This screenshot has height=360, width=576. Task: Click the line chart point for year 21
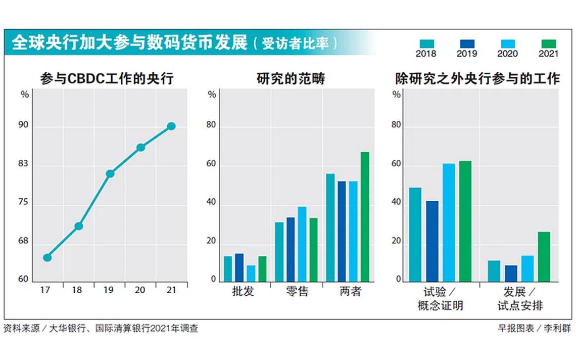coord(171,126)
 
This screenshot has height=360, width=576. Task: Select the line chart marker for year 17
coord(47,257)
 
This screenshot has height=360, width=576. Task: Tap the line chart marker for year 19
coord(110,173)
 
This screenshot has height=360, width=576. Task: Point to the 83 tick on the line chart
coord(23,165)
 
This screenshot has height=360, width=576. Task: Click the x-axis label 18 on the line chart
coord(78,290)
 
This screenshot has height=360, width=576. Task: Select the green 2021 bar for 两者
coord(365,216)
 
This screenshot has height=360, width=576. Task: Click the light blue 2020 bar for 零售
coord(302,244)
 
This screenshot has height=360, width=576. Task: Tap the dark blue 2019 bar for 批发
coord(239,267)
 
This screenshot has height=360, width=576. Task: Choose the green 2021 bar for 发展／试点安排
coord(544,256)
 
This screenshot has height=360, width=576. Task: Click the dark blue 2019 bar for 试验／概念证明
coord(432,241)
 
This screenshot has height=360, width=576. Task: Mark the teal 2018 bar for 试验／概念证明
coord(415,234)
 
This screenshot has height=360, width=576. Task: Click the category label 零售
coord(297,292)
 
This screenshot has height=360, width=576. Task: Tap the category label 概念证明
coord(440,305)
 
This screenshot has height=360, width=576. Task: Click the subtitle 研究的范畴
coord(291,79)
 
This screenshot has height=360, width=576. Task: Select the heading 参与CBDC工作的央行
coord(107,79)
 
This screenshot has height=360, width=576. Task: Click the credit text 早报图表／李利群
coord(534,328)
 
